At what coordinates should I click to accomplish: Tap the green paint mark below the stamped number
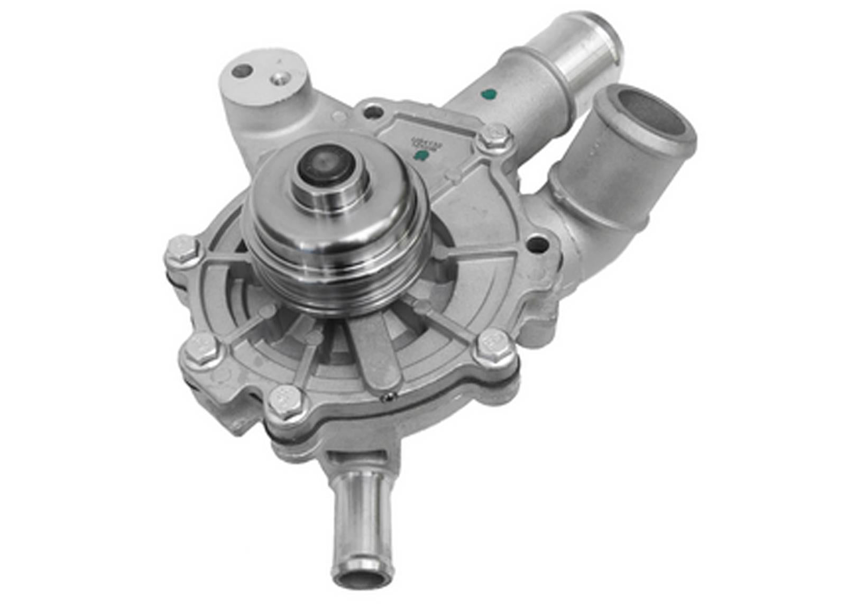[421, 154]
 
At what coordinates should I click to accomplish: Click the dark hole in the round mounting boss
[243, 70]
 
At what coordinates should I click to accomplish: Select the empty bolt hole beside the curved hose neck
[537, 244]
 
